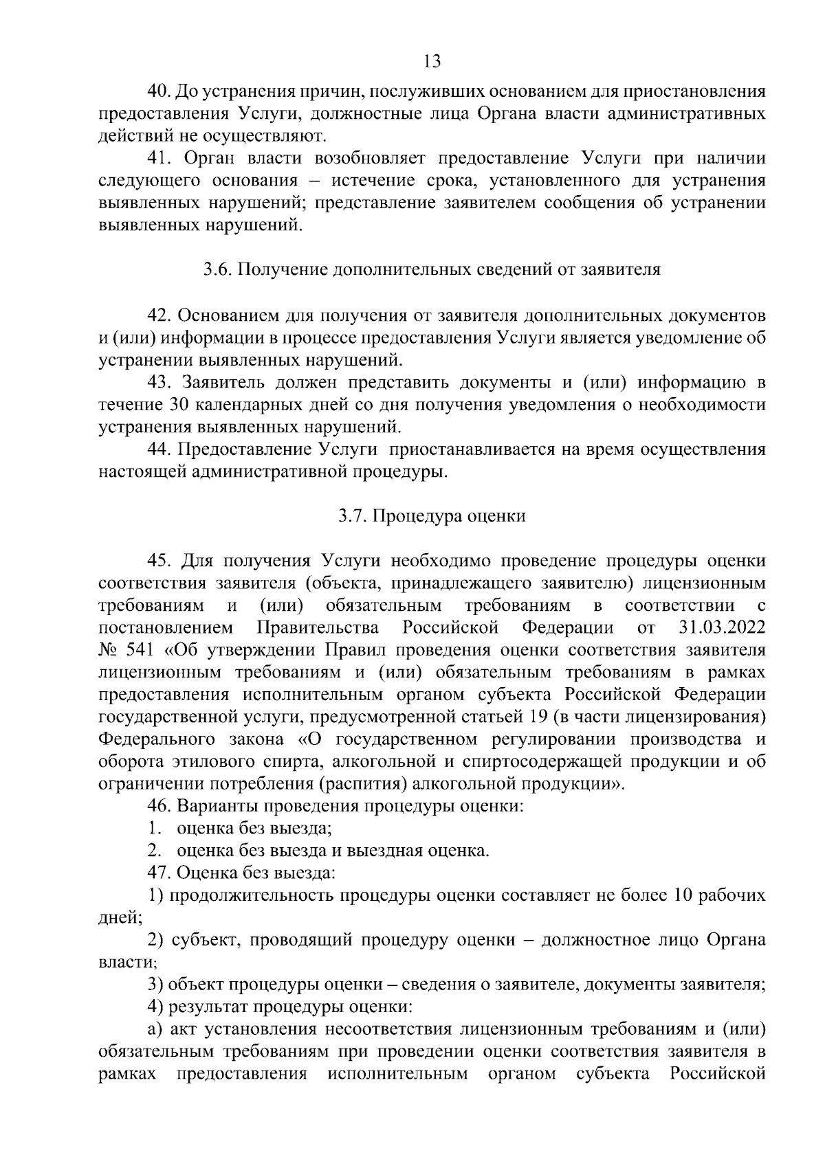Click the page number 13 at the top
coord(432,61)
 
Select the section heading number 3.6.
coord(218,270)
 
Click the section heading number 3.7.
coord(352,517)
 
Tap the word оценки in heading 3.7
coord(498,517)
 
